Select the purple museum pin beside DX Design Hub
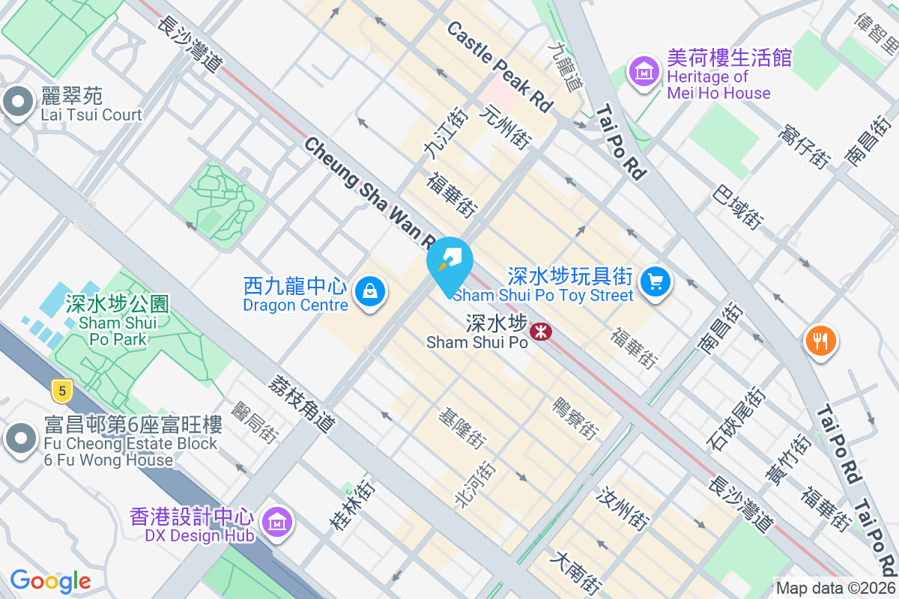[278, 522]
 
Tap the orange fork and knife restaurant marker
[820, 341]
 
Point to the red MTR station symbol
[539, 330]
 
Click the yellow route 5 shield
[62, 390]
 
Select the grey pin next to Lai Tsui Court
[17, 103]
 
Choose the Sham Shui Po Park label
[117, 322]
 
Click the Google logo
[50, 581]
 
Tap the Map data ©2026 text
[835, 589]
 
